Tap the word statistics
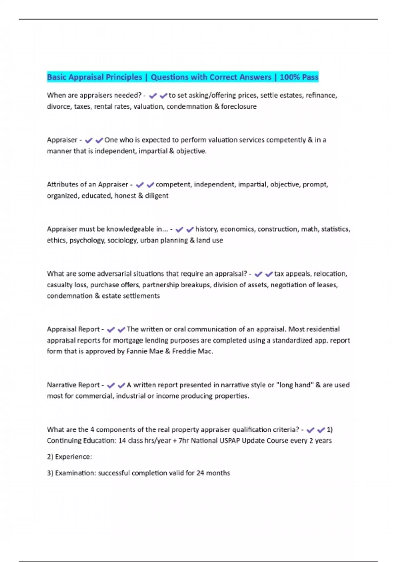click(x=335, y=229)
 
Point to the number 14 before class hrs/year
click(x=122, y=441)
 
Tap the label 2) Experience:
click(x=69, y=457)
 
